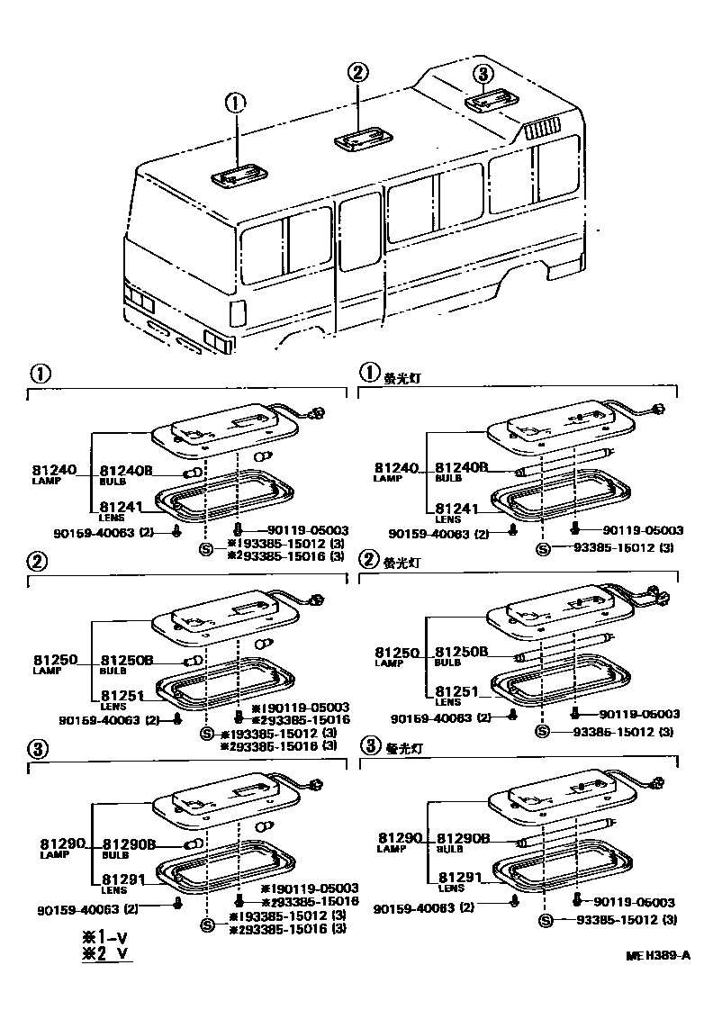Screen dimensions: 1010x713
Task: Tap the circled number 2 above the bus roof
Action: pos(357,73)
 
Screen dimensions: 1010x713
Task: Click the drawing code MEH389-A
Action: pos(661,956)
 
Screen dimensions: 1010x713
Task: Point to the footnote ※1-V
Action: pos(104,937)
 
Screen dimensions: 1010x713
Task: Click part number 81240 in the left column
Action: pos(56,470)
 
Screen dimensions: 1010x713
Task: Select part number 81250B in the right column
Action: pos(462,651)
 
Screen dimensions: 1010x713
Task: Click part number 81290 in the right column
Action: pos(400,838)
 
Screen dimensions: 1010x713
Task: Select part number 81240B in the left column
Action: pos(126,470)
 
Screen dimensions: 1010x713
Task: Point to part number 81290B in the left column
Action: pos(130,843)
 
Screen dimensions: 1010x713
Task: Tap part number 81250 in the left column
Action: pos(56,660)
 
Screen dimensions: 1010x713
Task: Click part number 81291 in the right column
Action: pos(456,876)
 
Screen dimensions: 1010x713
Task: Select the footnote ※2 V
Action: pos(104,954)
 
